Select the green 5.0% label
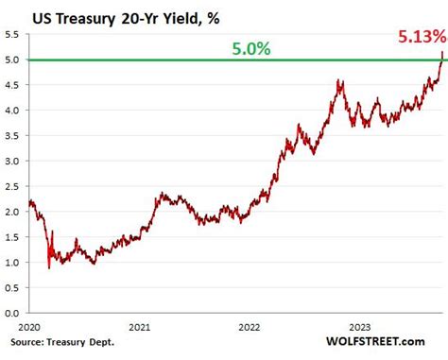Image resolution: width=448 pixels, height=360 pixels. click(x=250, y=47)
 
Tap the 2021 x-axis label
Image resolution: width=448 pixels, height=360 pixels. click(x=139, y=327)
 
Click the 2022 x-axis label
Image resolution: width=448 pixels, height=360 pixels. click(x=249, y=327)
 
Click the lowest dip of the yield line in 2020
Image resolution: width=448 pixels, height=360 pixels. click(x=49, y=267)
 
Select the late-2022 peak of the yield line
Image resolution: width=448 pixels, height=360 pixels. click(x=339, y=81)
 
